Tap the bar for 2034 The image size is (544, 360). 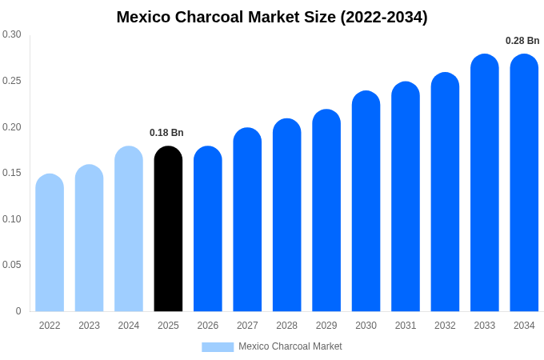coord(524,183)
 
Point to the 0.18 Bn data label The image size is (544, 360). coord(166,133)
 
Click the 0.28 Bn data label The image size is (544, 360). coord(522,41)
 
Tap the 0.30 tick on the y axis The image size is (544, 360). coord(12,34)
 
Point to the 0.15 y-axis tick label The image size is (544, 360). coord(12,173)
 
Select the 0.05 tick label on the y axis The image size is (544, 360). coord(12,265)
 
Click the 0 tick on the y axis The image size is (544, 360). coord(18,311)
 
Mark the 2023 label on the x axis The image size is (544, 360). coord(89,326)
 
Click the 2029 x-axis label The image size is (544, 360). coord(326,326)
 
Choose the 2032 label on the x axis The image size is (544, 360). coord(445,326)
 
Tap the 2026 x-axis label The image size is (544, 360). coord(208,326)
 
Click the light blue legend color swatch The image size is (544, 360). coord(218,347)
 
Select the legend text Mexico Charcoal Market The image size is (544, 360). coord(290,346)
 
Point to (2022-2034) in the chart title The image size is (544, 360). coord(384,17)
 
